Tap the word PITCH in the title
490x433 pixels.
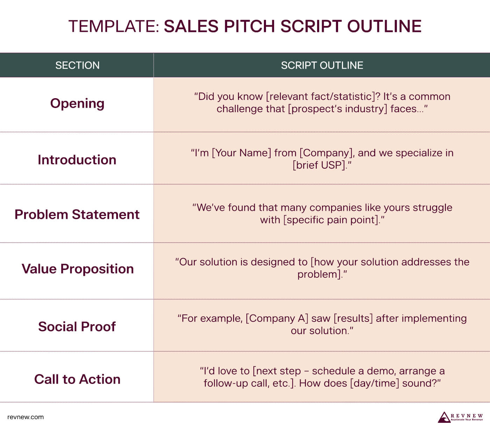[249, 26]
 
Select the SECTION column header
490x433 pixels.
[77, 66]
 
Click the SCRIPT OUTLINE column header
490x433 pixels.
[322, 66]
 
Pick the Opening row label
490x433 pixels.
[77, 104]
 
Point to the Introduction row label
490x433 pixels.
[77, 160]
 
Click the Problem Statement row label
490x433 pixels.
[77, 215]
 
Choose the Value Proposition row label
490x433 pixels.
[77, 269]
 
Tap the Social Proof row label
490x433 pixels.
[77, 326]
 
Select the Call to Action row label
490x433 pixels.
[77, 379]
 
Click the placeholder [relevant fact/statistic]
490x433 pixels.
[321, 97]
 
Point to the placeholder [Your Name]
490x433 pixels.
[241, 153]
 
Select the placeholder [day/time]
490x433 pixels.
[374, 384]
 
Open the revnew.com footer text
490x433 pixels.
[26, 417]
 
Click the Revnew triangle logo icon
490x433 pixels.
[444, 417]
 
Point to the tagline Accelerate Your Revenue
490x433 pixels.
[467, 420]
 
